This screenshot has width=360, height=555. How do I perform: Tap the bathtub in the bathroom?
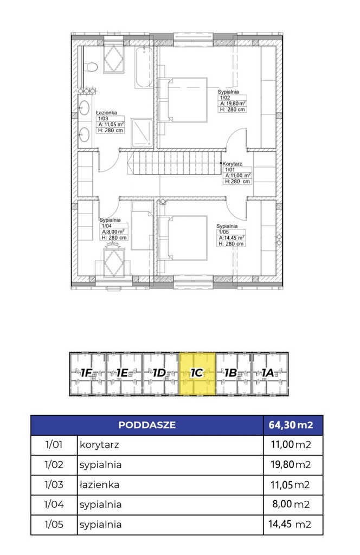(x=144, y=67)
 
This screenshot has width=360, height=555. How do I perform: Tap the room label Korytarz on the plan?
(x=234, y=162)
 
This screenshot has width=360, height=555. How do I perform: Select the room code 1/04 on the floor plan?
(x=106, y=225)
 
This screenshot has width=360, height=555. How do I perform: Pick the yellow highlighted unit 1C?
(x=197, y=373)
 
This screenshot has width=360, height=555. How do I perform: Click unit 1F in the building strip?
(x=87, y=373)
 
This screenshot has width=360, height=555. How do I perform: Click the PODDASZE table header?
(x=146, y=425)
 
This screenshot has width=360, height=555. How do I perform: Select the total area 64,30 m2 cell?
(x=292, y=425)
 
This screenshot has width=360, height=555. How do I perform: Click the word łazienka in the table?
(x=99, y=485)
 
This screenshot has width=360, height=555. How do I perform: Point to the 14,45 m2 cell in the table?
(x=292, y=525)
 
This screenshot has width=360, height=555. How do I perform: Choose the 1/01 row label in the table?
(x=54, y=445)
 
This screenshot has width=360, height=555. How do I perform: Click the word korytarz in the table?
(x=99, y=445)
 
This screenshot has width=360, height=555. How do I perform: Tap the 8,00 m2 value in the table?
(x=292, y=505)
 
